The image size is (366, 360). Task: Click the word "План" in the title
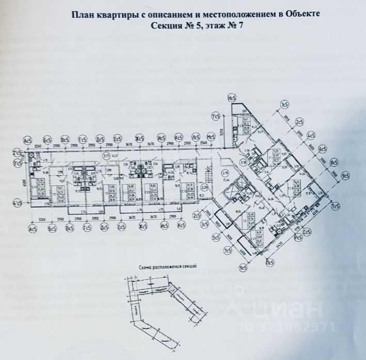[x=84, y=15]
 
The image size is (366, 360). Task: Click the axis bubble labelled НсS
[x=232, y=98]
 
